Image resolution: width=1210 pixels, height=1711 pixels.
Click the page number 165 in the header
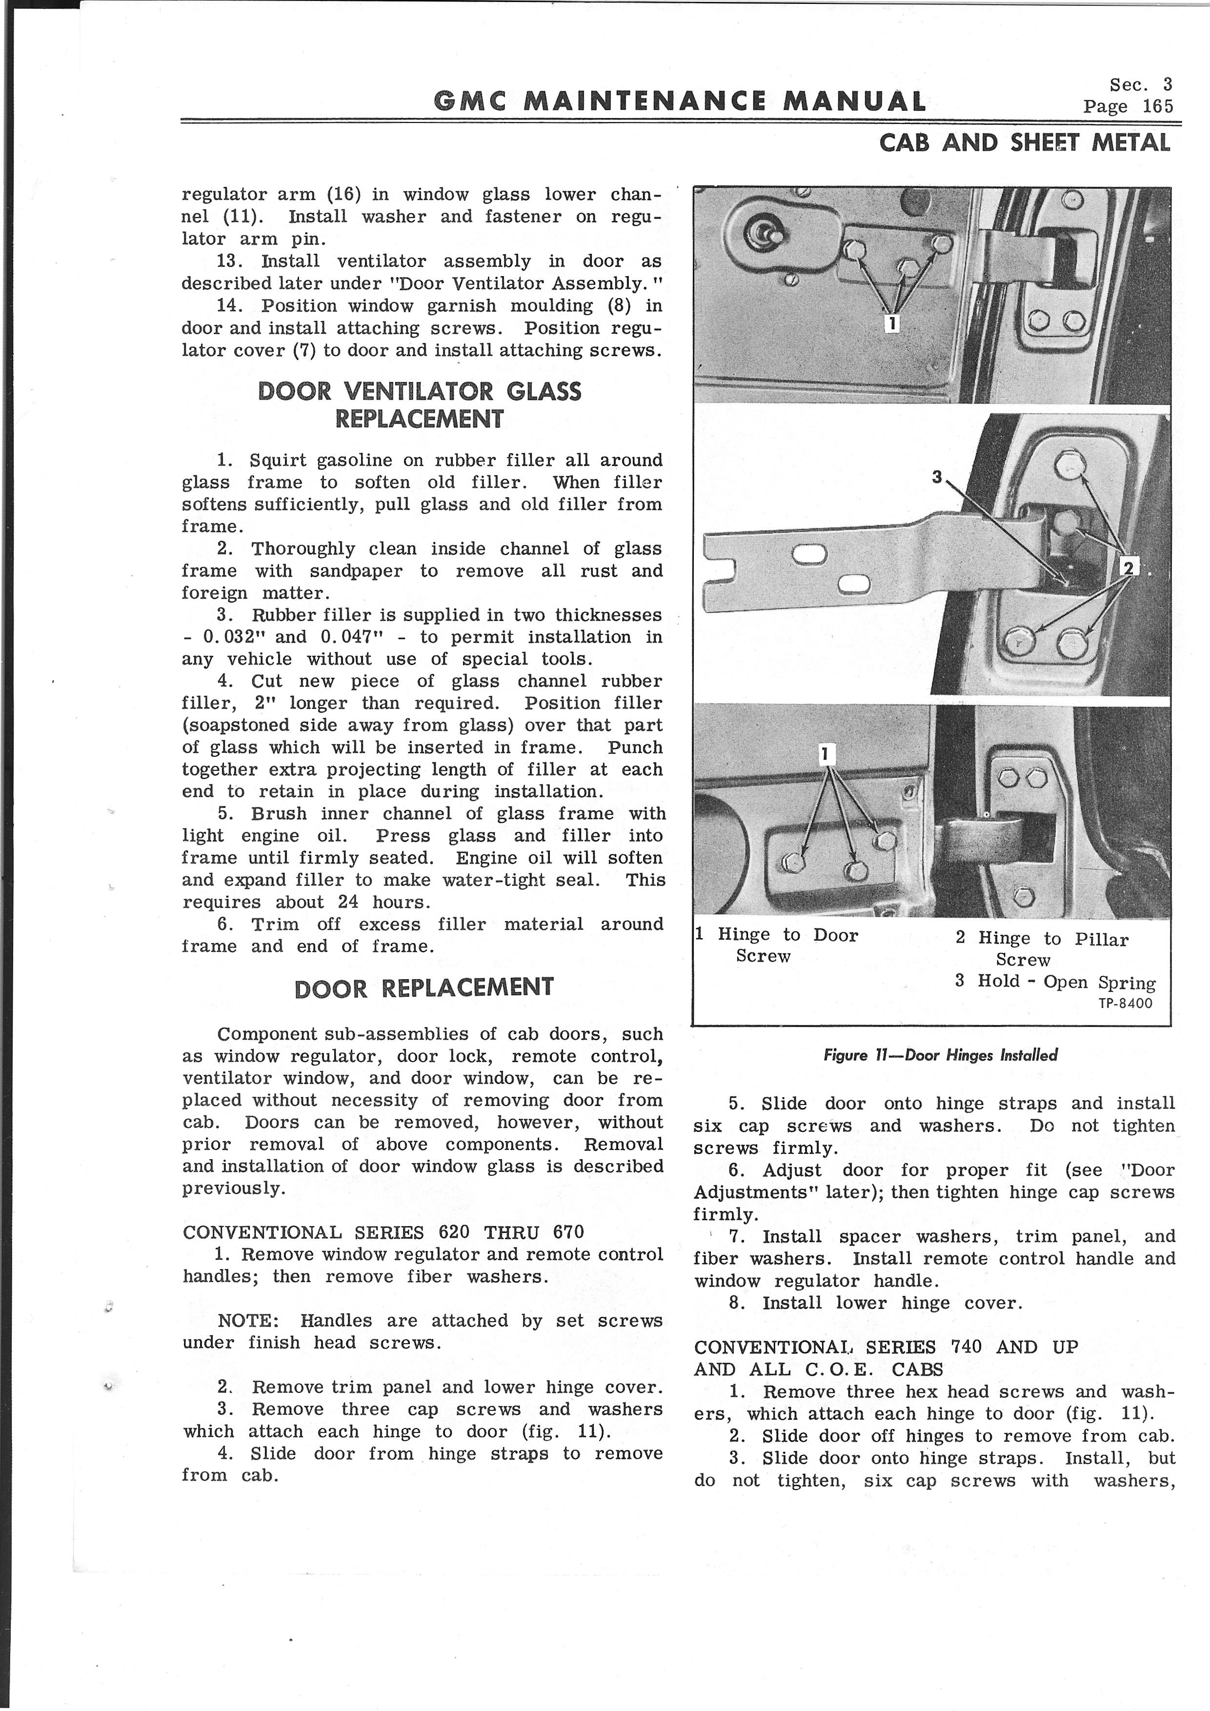pyautogui.click(x=1158, y=106)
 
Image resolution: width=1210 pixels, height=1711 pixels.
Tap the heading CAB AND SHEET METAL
pyautogui.click(x=1025, y=142)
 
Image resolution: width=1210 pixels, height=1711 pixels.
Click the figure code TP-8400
pyautogui.click(x=1125, y=1003)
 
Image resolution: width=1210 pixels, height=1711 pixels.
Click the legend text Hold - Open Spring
pyautogui.click(x=1066, y=982)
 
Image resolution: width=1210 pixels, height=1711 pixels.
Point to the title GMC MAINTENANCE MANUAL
pyautogui.click(x=680, y=101)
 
